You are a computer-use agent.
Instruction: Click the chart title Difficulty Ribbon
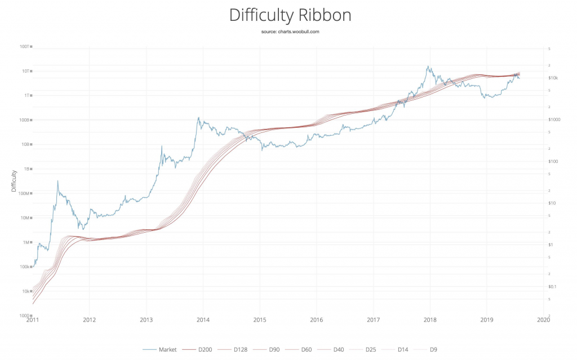(290, 15)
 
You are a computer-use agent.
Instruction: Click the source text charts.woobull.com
(290, 32)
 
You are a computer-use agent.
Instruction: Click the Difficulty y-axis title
(14, 181)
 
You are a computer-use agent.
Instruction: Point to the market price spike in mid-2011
(57, 181)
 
